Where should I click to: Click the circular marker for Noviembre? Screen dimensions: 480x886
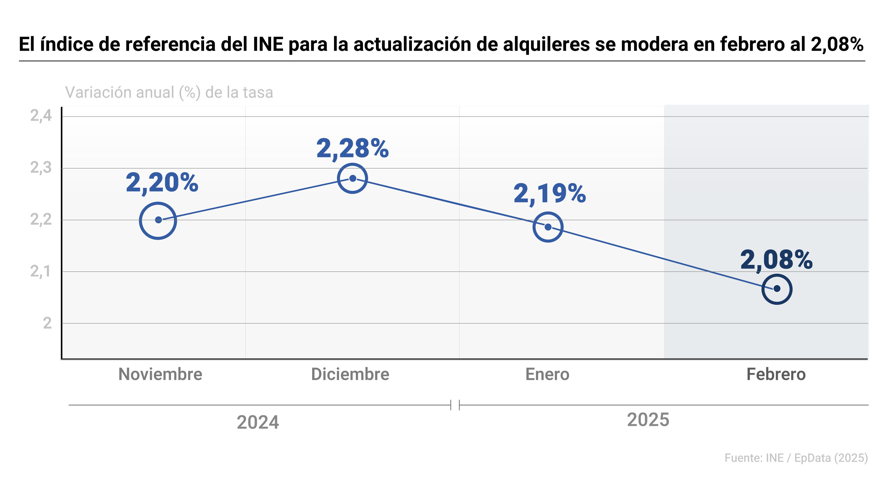pyautogui.click(x=158, y=220)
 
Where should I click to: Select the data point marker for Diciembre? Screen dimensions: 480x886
pyautogui.click(x=353, y=178)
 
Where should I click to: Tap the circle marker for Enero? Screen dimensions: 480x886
pyautogui.click(x=548, y=227)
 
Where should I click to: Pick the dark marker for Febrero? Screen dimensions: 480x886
pyautogui.click(x=777, y=289)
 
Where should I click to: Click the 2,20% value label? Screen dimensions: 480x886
pyautogui.click(x=162, y=183)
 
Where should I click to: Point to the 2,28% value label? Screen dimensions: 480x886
pyautogui.click(x=353, y=149)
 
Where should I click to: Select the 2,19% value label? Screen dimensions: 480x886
pyautogui.click(x=550, y=193)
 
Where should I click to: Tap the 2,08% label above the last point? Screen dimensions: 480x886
pyautogui.click(x=776, y=260)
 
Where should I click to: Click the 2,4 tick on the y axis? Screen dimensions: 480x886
pyautogui.click(x=41, y=116)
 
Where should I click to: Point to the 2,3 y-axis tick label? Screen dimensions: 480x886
pyautogui.click(x=41, y=168)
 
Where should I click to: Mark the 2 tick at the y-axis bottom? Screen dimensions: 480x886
pyautogui.click(x=47, y=323)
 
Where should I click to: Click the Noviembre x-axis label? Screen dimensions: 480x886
pyautogui.click(x=160, y=374)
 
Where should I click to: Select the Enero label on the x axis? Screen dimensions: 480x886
pyautogui.click(x=547, y=374)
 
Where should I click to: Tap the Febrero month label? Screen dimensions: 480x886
pyautogui.click(x=776, y=374)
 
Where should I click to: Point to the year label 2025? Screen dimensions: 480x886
pyautogui.click(x=648, y=420)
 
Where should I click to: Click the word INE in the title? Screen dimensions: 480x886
pyautogui.click(x=268, y=44)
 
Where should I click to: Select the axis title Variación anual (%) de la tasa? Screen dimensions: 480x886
pyautogui.click(x=169, y=92)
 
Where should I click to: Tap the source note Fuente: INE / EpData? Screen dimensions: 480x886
pyautogui.click(x=796, y=458)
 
